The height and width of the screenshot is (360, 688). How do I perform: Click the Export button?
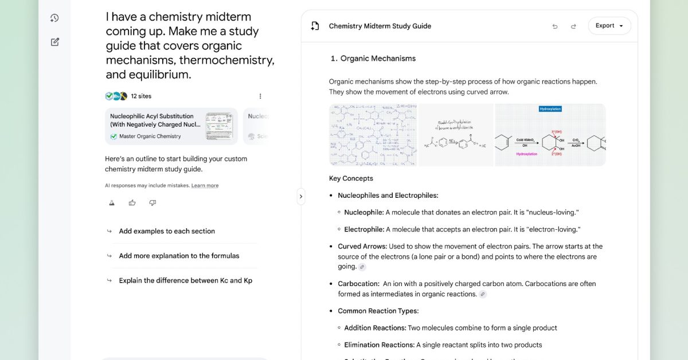click(609, 26)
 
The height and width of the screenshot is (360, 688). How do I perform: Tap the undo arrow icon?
click(554, 26)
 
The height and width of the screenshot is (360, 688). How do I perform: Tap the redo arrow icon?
click(573, 26)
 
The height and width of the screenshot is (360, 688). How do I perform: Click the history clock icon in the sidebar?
click(54, 18)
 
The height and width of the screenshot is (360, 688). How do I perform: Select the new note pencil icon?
click(54, 42)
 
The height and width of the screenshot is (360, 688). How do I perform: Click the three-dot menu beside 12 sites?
click(260, 96)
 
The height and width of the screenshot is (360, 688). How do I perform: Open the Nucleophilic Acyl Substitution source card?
click(171, 126)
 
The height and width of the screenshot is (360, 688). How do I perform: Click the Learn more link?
click(205, 186)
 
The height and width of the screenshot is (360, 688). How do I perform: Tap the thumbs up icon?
click(132, 203)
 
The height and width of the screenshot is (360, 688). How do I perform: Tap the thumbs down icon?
click(153, 203)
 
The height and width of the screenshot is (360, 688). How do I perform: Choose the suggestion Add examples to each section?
click(167, 231)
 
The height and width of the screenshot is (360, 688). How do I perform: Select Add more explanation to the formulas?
click(179, 256)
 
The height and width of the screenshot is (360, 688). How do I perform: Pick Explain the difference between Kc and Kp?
click(185, 280)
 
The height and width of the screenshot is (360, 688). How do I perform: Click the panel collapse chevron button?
click(301, 197)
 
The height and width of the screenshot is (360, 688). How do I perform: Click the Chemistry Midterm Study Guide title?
click(380, 26)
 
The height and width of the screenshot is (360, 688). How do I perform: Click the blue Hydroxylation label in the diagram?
click(550, 109)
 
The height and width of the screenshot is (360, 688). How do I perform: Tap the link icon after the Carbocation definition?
click(483, 294)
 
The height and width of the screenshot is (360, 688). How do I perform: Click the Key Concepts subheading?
click(351, 178)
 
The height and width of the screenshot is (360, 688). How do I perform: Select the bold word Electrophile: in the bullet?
click(364, 229)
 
